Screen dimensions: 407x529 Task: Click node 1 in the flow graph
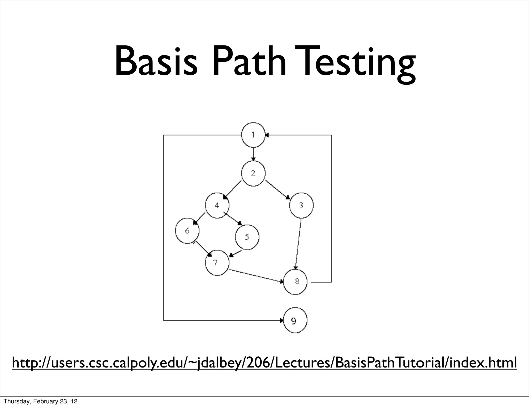coord(253,135)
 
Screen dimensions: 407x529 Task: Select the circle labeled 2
coord(253,173)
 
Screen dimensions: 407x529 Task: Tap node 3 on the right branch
coord(301,206)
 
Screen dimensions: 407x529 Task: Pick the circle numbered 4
coord(217,206)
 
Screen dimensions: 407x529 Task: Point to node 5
coord(247,237)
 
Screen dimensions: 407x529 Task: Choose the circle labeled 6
coord(187,231)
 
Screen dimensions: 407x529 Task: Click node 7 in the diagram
coord(217,263)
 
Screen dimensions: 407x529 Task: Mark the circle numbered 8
coord(295,282)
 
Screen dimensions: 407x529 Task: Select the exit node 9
coord(295,320)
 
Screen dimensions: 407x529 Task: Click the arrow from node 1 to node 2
coord(253,154)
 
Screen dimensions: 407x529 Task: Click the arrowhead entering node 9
coord(281,320)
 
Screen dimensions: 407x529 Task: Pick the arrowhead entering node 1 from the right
coord(267,135)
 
